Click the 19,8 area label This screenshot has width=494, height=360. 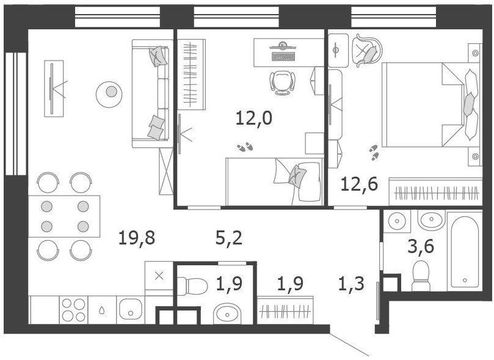click(137, 238)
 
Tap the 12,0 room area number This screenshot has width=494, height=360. click(254, 119)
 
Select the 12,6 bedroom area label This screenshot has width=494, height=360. click(359, 184)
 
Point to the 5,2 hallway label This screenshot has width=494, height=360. click(229, 238)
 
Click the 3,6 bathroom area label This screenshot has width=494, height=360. click(421, 246)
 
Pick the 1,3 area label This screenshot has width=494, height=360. click(351, 284)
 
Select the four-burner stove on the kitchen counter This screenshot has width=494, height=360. click(73, 310)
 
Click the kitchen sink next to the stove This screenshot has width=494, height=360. click(131, 309)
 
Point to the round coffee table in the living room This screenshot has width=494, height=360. click(109, 94)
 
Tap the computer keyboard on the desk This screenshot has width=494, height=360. click(283, 57)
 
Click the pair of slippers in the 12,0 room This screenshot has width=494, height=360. click(245, 147)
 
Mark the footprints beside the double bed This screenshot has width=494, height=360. click(374, 153)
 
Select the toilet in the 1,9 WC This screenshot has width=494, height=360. click(192, 286)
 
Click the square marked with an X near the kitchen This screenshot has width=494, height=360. click(159, 276)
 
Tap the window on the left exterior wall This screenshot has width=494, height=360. click(16, 114)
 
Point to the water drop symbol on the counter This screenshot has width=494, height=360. click(102, 310)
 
